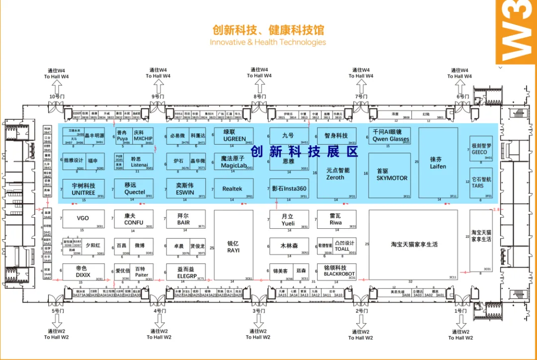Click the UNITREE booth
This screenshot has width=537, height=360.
click(x=83, y=189)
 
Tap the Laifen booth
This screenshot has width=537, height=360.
click(x=438, y=163)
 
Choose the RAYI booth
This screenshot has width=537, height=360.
click(x=233, y=247)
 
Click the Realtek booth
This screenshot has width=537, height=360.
click(x=232, y=189)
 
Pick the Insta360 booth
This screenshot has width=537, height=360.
click(x=289, y=189)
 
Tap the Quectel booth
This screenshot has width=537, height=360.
click(x=134, y=189)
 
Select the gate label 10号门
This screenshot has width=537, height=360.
click(x=56, y=96)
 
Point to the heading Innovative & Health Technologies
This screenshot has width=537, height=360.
click(x=268, y=42)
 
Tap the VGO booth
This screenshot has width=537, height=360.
click(x=83, y=218)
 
